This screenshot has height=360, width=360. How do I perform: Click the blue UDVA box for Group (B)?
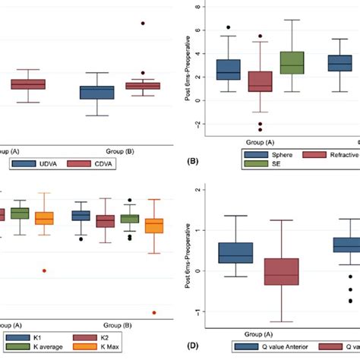[x=96, y=93]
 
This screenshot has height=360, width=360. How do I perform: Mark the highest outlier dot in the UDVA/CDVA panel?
[x=142, y=24]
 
